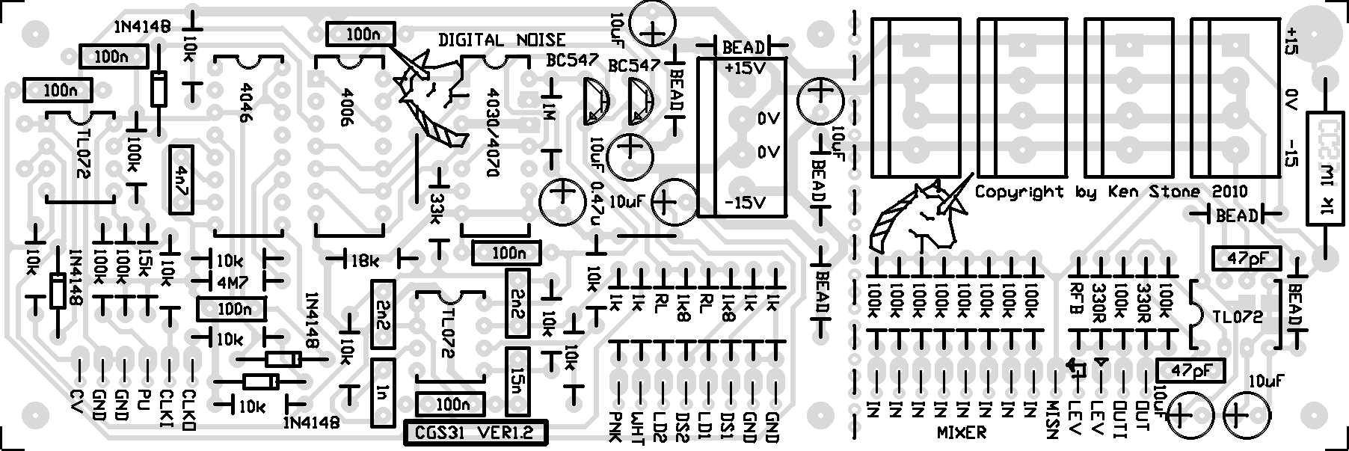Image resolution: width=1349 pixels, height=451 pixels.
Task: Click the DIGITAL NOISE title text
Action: point(502,40)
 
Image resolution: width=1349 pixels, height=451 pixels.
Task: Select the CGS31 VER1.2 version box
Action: point(474,433)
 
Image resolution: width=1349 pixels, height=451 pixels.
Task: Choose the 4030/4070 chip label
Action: point(493,132)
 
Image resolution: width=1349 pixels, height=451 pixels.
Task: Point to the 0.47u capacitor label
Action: point(597,207)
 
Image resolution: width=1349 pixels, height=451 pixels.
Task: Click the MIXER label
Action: point(961,432)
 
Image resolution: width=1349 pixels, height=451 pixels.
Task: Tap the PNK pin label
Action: point(616,426)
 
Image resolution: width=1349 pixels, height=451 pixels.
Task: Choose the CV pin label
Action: point(76,403)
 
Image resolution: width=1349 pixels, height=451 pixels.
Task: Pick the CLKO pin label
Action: point(189,409)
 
